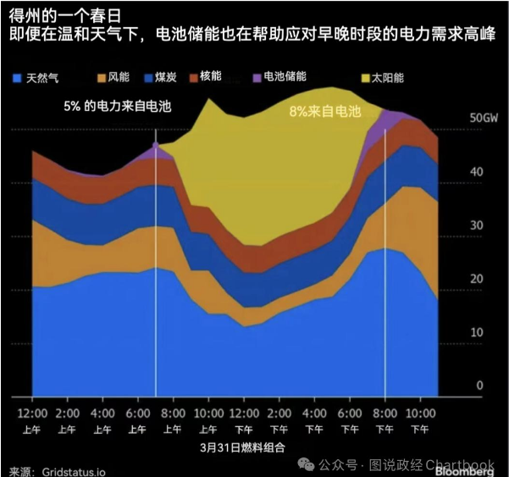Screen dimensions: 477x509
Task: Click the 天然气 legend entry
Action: click(41, 78)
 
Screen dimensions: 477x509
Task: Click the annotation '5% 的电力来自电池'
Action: click(118, 107)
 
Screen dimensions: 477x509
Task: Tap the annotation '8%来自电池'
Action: click(325, 112)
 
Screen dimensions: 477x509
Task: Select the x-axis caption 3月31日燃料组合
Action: click(242, 447)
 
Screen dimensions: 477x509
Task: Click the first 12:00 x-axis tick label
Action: click(32, 413)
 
